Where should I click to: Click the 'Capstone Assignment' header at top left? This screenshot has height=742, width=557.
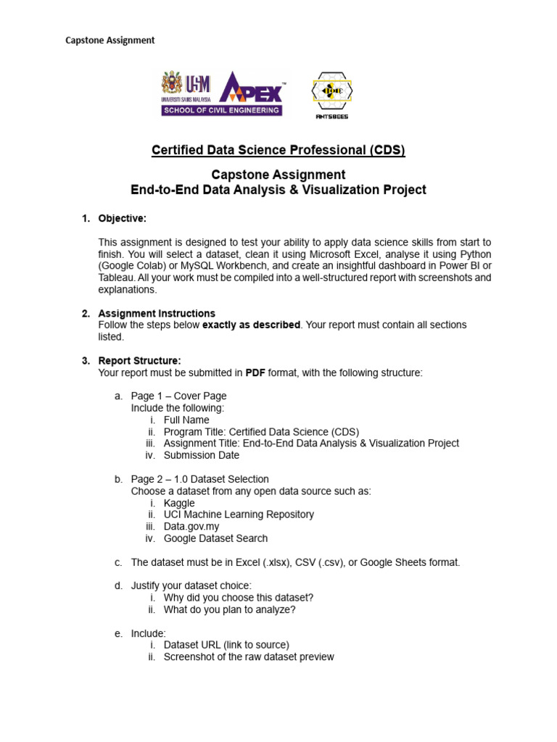coord(110,40)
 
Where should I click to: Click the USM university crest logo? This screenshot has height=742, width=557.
coord(172,85)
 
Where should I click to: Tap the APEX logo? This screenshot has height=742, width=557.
coord(250,88)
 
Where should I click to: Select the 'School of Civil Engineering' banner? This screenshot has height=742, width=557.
coord(221,110)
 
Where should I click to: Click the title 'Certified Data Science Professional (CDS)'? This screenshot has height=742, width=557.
coord(278,150)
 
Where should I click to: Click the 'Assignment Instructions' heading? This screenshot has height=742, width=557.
coord(157,313)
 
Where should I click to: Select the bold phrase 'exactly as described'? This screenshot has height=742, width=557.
coord(251,325)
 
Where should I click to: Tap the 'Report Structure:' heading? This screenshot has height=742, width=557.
coord(140,360)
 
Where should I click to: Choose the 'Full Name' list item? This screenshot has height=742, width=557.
coord(186,420)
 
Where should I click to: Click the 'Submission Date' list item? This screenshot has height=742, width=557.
coord(201,455)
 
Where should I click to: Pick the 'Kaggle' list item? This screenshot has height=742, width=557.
coord(179,503)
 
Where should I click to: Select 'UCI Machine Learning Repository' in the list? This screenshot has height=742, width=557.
coord(239,514)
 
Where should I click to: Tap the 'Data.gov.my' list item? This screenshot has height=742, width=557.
coord(191,526)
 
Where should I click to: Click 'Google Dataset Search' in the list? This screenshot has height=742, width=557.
coord(215,538)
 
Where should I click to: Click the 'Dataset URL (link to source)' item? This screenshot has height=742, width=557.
coord(226,644)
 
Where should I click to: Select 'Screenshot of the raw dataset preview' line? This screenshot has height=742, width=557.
coord(249,656)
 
